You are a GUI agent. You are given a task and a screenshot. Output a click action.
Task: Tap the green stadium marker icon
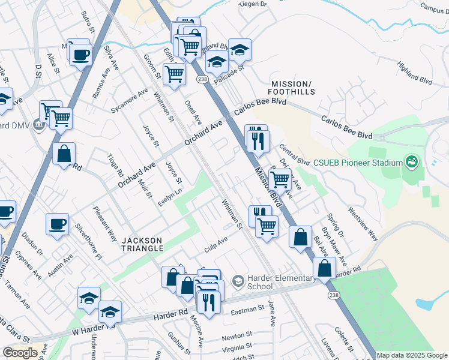click(x=411, y=161)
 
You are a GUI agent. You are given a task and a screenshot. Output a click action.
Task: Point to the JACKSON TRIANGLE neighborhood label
click(x=143, y=244)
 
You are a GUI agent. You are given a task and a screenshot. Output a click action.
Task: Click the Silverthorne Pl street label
click(x=97, y=243)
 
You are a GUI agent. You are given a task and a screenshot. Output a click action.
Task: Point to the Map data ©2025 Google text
click(x=412, y=355)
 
